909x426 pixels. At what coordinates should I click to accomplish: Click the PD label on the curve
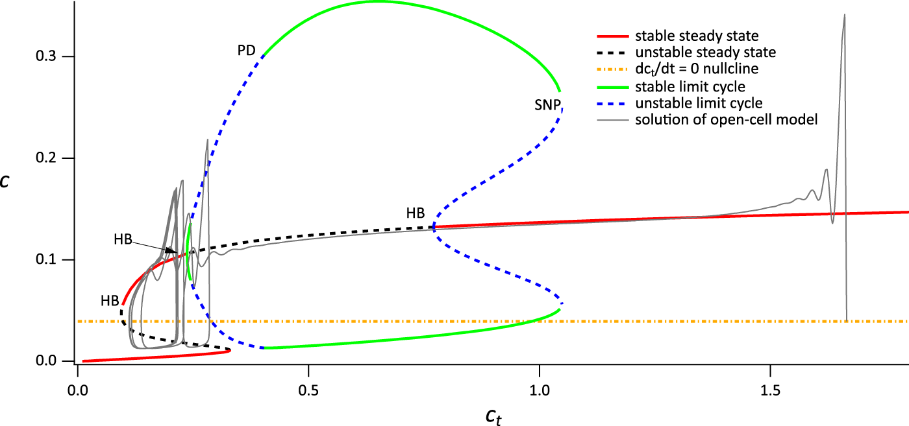click(247, 51)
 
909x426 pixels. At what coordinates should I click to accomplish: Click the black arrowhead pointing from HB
click(172, 251)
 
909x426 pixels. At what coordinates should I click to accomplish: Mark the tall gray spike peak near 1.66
click(844, 15)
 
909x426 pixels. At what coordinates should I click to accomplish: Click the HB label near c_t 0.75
click(416, 213)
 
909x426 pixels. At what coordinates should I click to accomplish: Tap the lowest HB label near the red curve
click(110, 301)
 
